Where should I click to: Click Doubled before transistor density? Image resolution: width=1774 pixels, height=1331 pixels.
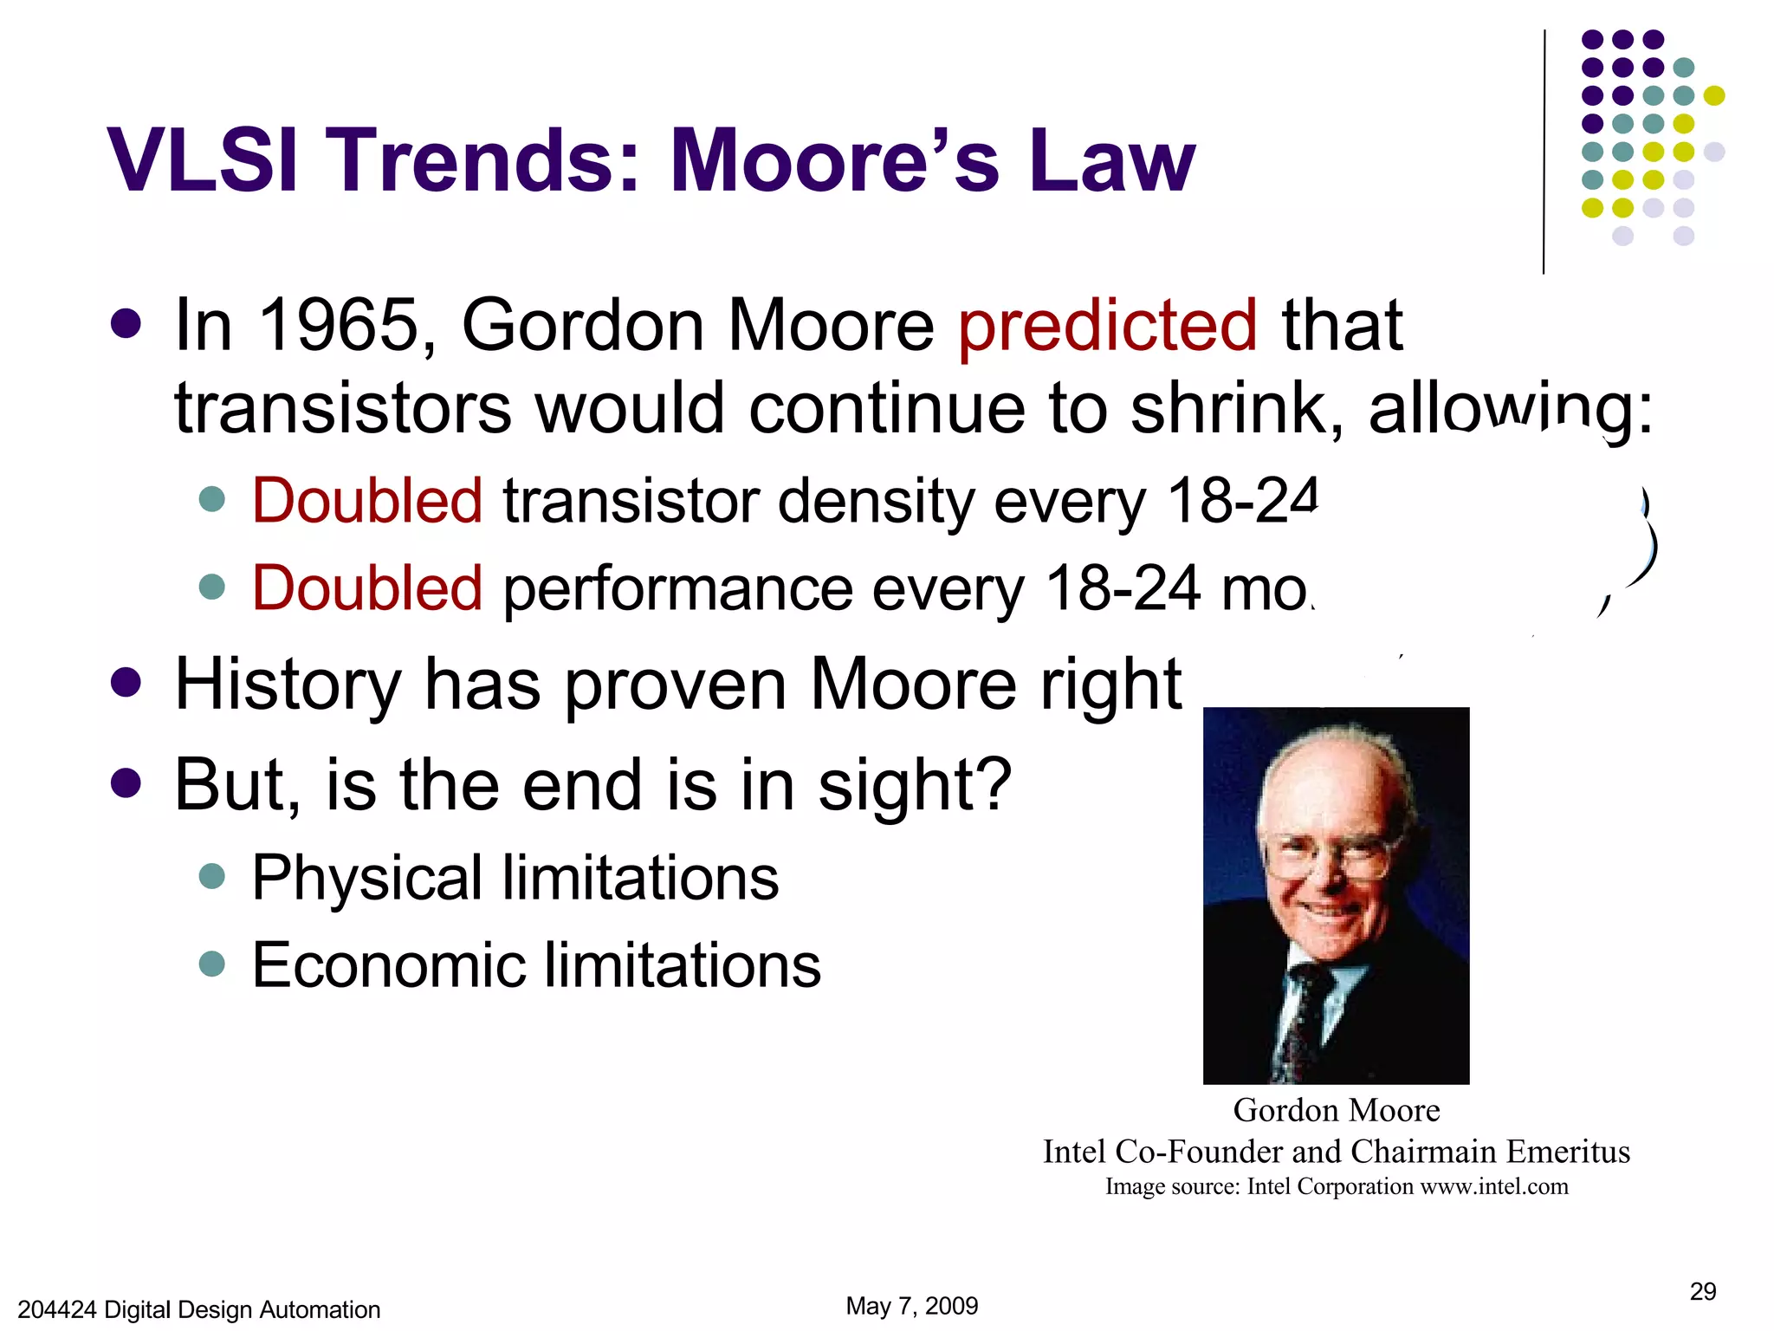[366, 502]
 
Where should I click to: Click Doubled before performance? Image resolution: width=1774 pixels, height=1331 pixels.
[366, 588]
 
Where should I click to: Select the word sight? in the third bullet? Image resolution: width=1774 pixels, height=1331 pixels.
[915, 785]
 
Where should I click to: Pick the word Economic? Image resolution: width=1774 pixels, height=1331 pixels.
[385, 965]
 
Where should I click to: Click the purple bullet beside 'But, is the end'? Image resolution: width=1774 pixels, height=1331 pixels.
[126, 782]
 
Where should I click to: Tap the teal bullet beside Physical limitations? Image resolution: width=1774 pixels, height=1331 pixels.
[212, 876]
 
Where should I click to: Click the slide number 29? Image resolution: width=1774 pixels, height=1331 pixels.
[1702, 1292]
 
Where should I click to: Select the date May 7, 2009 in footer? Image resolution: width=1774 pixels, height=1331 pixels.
[911, 1306]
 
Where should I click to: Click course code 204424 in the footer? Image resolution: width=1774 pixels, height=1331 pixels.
[56, 1309]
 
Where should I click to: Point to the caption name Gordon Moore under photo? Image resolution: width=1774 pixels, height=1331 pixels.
[1336, 1110]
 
